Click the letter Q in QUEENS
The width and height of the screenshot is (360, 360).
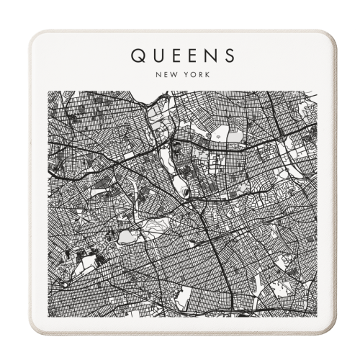point(136,55)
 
